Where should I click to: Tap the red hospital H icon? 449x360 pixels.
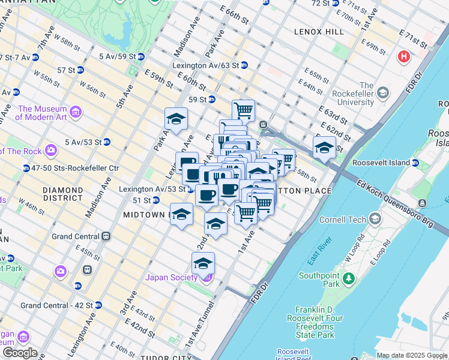[x=404, y=57]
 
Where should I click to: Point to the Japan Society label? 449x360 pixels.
[x=171, y=277]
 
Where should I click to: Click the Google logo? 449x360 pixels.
[x=20, y=353]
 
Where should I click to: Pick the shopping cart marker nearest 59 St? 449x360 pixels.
[x=243, y=110]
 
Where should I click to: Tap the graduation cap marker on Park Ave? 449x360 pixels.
[x=176, y=119]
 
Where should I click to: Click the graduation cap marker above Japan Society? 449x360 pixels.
[x=203, y=263]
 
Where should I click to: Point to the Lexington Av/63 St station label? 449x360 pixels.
[x=206, y=65]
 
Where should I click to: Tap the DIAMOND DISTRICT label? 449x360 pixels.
[x=63, y=194]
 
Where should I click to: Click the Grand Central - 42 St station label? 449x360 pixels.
[x=56, y=305]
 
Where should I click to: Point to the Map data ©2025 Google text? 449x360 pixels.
[x=412, y=355]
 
